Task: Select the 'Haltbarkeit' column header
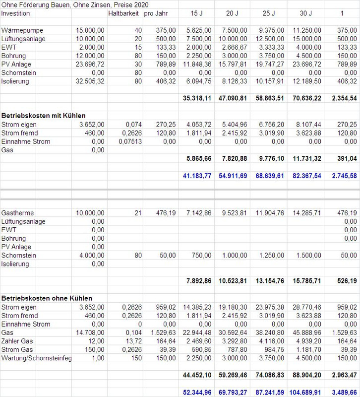[124, 13]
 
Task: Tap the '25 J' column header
[268, 13]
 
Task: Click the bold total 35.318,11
[197, 99]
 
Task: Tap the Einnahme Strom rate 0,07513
[129, 141]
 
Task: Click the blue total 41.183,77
[197, 176]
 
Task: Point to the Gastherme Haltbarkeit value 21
[138, 213]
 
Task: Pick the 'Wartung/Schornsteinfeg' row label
[37, 357]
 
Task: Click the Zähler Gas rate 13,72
[134, 340]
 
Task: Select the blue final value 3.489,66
[343, 393]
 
